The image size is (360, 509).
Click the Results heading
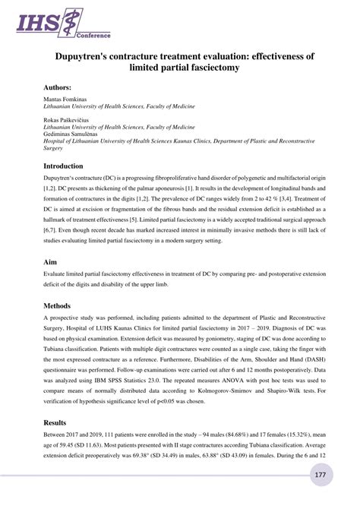[58, 422]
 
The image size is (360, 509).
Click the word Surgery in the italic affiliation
[54, 149]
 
